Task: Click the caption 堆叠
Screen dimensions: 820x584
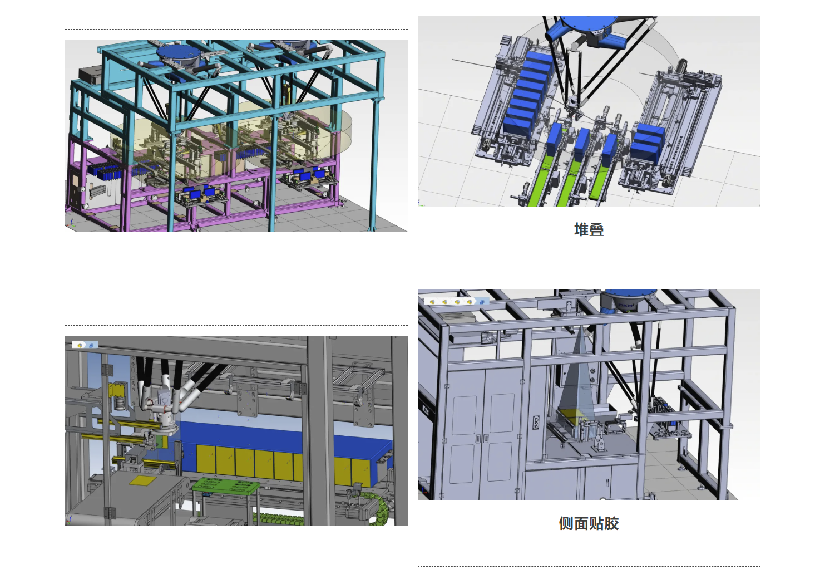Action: click(589, 230)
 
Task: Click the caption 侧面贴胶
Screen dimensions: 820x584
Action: click(589, 523)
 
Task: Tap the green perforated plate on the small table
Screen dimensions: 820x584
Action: click(225, 486)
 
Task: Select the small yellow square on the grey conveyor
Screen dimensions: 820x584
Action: click(142, 480)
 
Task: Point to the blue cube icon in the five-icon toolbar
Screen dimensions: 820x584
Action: click(482, 302)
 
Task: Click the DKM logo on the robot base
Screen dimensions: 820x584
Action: click(626, 305)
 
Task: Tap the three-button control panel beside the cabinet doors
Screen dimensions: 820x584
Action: click(536, 422)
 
